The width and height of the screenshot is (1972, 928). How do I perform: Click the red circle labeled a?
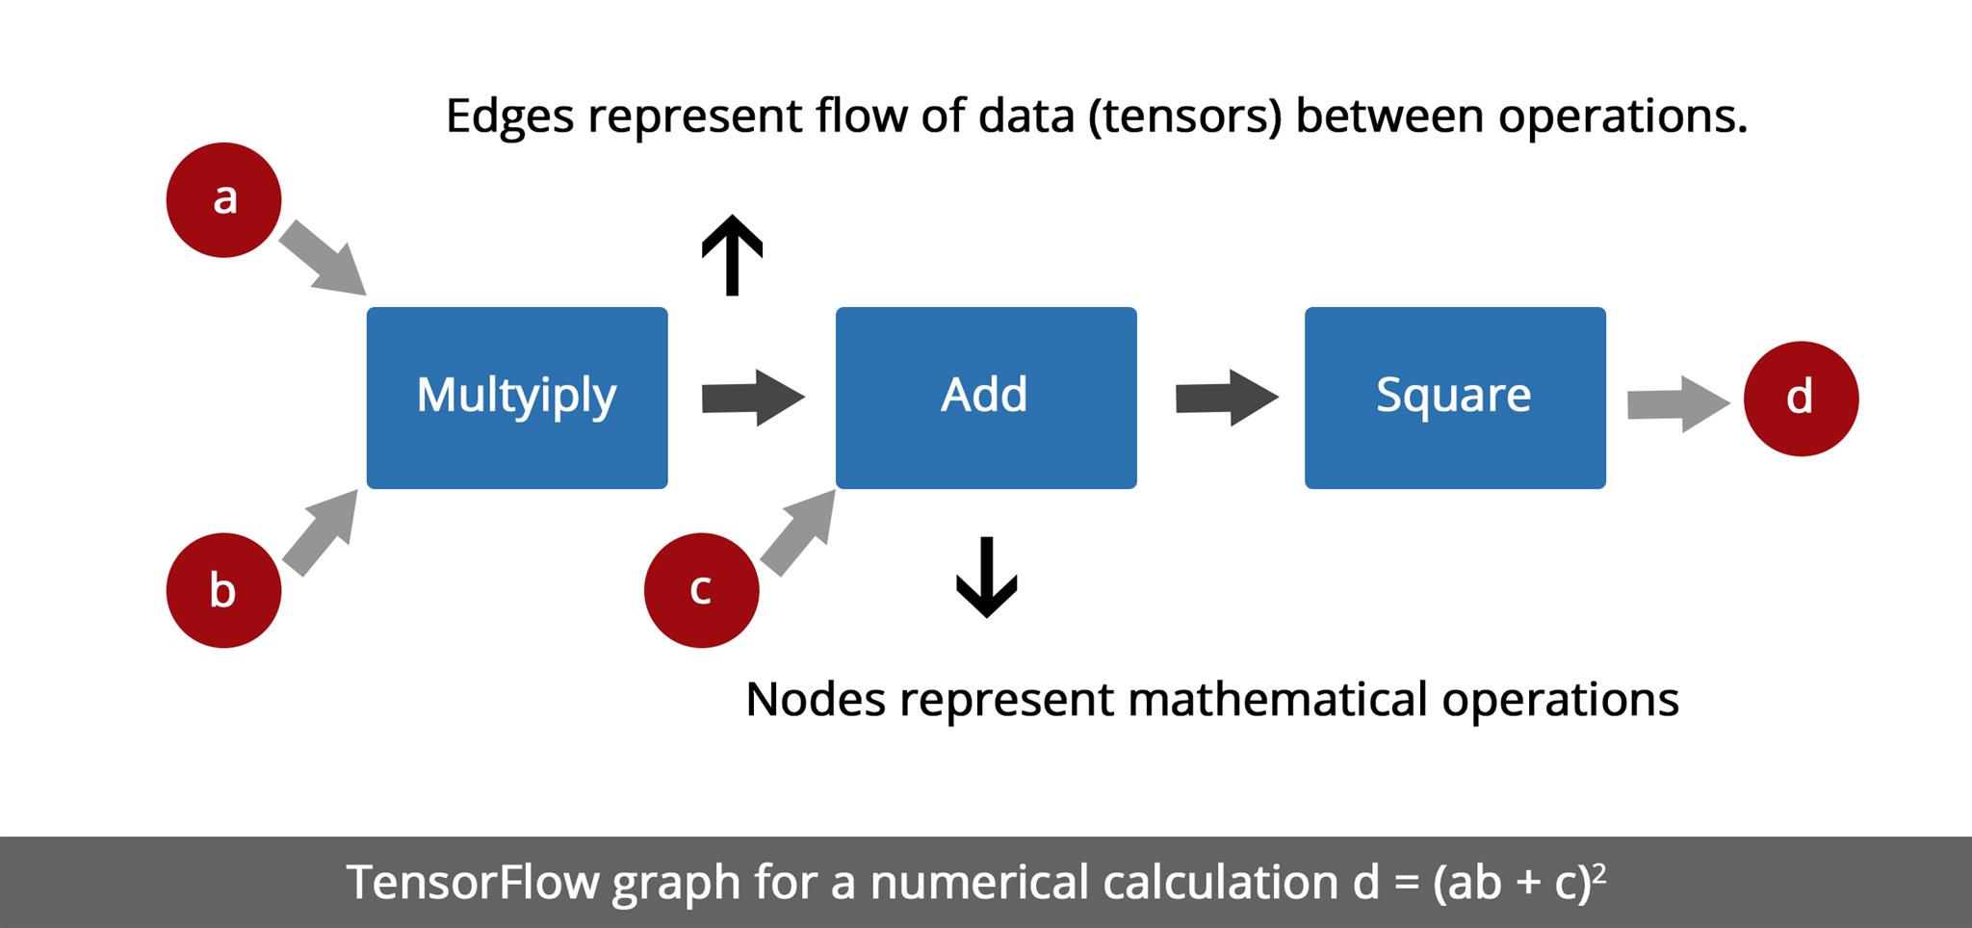tap(223, 200)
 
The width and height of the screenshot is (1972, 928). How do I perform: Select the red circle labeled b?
tap(223, 590)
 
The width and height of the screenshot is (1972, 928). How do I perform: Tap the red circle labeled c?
tap(701, 590)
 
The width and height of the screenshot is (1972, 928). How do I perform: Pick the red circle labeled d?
tap(1801, 399)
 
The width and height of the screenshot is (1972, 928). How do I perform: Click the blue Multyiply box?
tap(517, 398)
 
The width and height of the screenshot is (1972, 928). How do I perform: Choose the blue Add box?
tap(986, 398)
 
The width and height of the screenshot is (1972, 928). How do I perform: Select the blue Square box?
tap(1455, 398)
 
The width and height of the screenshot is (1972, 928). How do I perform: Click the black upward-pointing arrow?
tap(732, 254)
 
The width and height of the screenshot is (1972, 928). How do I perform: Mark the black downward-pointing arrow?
tap(986, 577)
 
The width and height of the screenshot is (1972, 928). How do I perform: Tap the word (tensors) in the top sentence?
tap(1185, 116)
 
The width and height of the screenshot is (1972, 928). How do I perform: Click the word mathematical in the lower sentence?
tap(1277, 699)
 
